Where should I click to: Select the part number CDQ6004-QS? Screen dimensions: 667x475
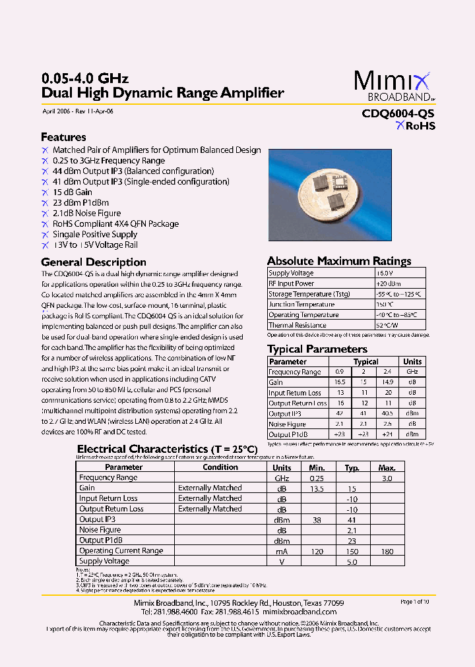coord(398,113)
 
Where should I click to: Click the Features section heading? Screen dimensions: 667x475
coord(63,137)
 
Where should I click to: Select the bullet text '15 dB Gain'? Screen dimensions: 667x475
coord(72,192)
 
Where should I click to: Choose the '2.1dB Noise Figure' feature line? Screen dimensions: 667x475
coord(86,214)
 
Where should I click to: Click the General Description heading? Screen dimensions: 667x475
coord(94,262)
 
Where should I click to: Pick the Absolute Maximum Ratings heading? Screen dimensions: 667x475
coord(339,261)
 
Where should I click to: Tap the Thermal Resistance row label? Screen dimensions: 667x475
coord(297,326)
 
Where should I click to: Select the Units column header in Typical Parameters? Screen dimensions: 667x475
coord(412,362)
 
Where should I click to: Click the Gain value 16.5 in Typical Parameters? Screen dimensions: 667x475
coord(340,382)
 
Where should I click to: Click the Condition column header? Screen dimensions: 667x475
coord(220,467)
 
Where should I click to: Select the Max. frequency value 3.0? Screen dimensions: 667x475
coord(387,478)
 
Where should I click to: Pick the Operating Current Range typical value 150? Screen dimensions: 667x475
coord(352,551)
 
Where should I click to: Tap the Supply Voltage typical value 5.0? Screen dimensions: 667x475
coord(352,562)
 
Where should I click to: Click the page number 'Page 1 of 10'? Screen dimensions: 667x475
coord(415,602)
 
